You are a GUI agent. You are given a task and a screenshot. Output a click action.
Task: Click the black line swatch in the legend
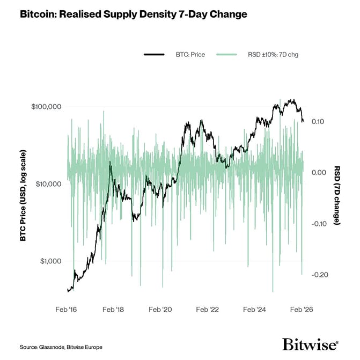tap(153, 54)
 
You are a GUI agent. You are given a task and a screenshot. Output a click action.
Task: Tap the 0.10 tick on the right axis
tap(318, 122)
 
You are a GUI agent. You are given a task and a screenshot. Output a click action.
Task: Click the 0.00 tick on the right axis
tap(318, 173)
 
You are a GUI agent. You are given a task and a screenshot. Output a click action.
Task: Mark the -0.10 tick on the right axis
tap(317, 224)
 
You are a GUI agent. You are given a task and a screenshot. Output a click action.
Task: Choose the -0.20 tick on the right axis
tap(317, 275)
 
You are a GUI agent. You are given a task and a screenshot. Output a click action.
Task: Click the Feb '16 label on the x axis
tap(67, 310)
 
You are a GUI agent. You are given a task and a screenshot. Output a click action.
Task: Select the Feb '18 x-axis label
tap(114, 310)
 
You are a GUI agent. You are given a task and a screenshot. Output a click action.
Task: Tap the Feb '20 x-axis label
tap(160, 310)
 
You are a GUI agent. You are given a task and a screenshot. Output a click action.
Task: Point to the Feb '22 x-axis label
tap(208, 310)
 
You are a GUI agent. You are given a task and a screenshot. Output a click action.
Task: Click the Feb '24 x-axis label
tap(254, 310)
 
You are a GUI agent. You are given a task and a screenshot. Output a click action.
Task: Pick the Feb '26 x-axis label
tap(301, 310)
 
